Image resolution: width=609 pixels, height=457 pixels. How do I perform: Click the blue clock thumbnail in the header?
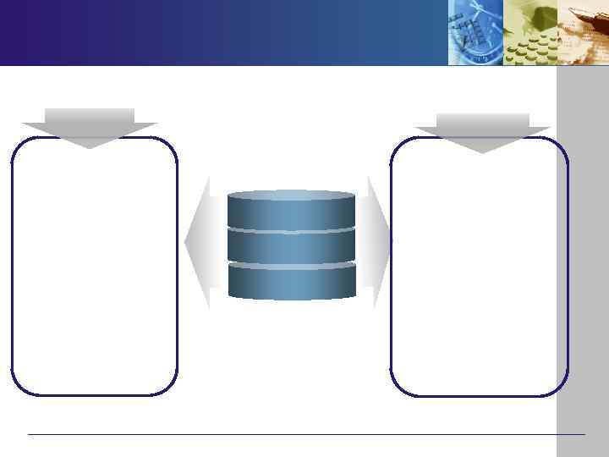(475, 32)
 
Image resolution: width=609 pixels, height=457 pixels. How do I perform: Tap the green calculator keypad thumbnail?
(530, 32)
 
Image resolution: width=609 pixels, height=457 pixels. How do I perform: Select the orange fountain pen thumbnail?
(584, 32)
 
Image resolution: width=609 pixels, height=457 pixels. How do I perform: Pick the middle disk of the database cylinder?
(291, 246)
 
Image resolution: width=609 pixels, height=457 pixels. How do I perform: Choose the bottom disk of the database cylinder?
(291, 282)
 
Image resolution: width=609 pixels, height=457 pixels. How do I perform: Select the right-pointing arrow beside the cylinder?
(377, 242)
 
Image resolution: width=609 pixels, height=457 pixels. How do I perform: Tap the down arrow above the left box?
(90, 127)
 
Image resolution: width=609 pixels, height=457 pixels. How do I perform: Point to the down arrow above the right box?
(482, 132)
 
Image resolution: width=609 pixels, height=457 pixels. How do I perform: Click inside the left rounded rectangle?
(94, 267)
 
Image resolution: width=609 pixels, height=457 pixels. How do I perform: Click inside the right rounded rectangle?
(479, 267)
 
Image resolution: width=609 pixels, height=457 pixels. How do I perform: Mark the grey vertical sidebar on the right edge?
(583, 254)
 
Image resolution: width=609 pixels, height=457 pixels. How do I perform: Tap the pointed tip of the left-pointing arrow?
(186, 242)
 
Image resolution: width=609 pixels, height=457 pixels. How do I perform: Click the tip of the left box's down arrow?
(90, 147)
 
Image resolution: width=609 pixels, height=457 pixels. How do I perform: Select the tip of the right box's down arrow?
(482, 152)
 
